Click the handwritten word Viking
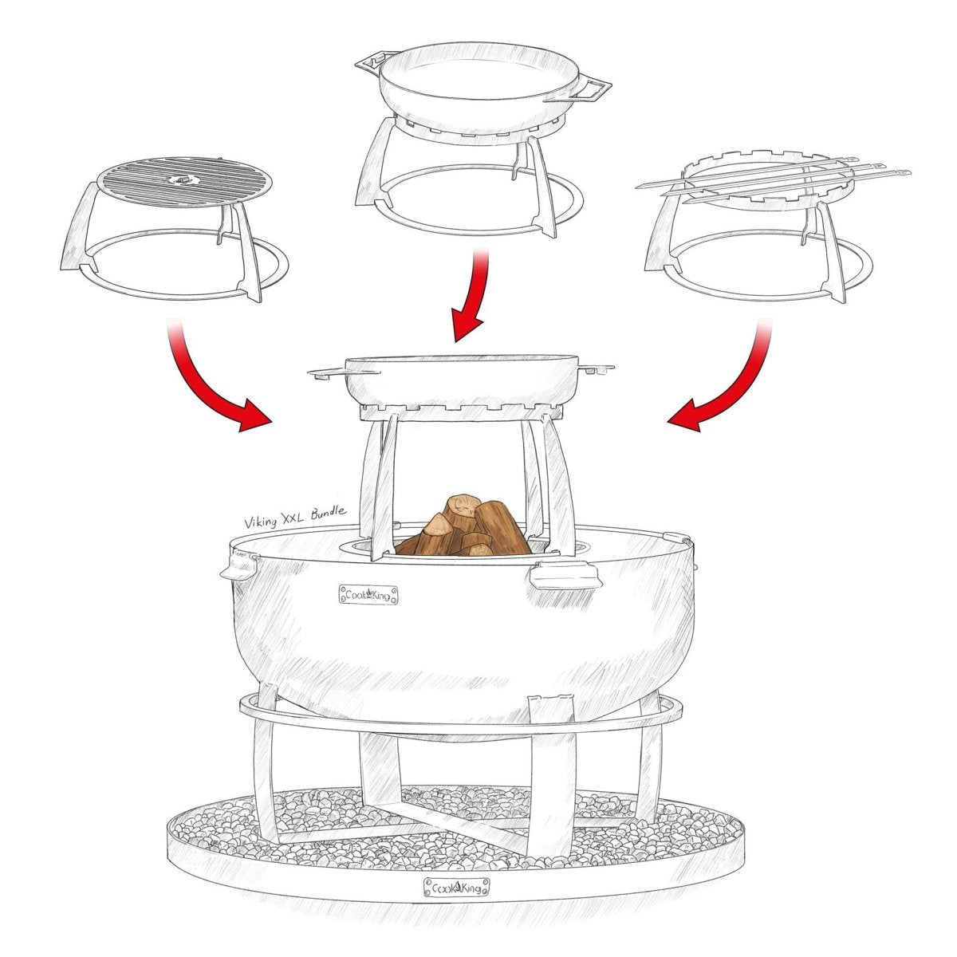click(260, 522)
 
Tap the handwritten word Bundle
click(329, 513)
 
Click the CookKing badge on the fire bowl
click(368, 594)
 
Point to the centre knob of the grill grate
click(182, 179)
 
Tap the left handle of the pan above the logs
click(326, 372)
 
